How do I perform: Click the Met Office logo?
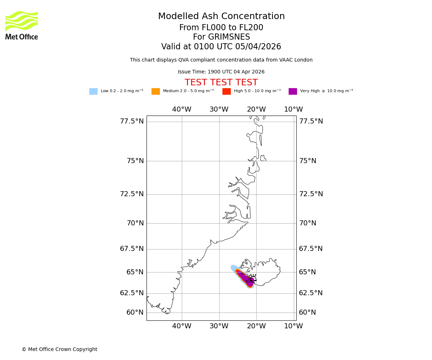coord(22,25)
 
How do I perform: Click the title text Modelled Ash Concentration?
coord(221,17)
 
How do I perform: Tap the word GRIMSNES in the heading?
coord(221,37)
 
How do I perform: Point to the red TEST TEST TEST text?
coord(221,82)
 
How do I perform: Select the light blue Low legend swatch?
coord(93,91)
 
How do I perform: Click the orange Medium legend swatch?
coord(156,91)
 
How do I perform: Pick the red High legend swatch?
coord(226,91)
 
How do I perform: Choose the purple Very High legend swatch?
coord(293,91)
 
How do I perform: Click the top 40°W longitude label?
coord(181,109)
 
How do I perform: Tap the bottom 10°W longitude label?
coord(294,326)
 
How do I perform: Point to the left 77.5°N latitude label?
coord(132,121)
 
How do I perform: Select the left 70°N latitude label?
coord(135,223)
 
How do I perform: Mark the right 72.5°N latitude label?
coord(311,194)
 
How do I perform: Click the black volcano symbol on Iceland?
coord(252,278)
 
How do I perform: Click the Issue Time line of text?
coord(221,72)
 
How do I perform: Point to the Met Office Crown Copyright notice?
coord(59,350)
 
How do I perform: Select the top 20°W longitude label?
coord(256,109)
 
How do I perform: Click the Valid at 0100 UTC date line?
coord(221,47)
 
